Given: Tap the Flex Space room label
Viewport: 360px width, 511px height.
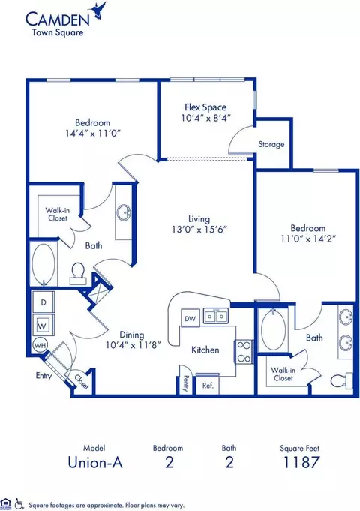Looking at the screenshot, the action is pyautogui.click(x=205, y=107).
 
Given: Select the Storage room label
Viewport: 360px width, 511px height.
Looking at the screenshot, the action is pyautogui.click(x=271, y=144).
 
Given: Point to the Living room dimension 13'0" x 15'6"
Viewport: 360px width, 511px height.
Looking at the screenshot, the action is pyautogui.click(x=199, y=230).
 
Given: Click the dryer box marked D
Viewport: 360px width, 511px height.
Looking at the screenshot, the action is pyautogui.click(x=43, y=302).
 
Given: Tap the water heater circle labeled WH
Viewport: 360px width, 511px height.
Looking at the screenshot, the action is pyautogui.click(x=40, y=345).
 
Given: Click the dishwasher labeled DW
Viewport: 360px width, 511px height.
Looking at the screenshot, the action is pyautogui.click(x=190, y=317).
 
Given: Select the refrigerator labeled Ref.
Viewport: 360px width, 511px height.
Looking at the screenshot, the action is pyautogui.click(x=208, y=385).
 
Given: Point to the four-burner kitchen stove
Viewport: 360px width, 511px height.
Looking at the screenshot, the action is pyautogui.click(x=244, y=352).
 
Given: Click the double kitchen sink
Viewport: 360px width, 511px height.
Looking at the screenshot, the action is pyautogui.click(x=216, y=316).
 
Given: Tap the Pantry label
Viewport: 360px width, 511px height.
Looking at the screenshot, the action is pyautogui.click(x=186, y=383).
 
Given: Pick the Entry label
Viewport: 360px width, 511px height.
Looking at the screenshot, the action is pyautogui.click(x=43, y=376).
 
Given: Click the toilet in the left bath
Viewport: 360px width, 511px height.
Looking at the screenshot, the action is pyautogui.click(x=78, y=274).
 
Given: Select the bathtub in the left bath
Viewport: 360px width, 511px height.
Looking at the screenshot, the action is pyautogui.click(x=43, y=264).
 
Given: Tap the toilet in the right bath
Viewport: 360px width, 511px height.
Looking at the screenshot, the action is pyautogui.click(x=342, y=380).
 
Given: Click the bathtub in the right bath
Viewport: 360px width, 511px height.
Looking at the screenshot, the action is pyautogui.click(x=274, y=330).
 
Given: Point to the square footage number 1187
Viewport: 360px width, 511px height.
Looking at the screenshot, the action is pyautogui.click(x=301, y=462).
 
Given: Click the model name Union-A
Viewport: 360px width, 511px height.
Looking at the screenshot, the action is pyautogui.click(x=95, y=462).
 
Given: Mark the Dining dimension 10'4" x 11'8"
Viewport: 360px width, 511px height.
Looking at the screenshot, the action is pyautogui.click(x=133, y=345).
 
